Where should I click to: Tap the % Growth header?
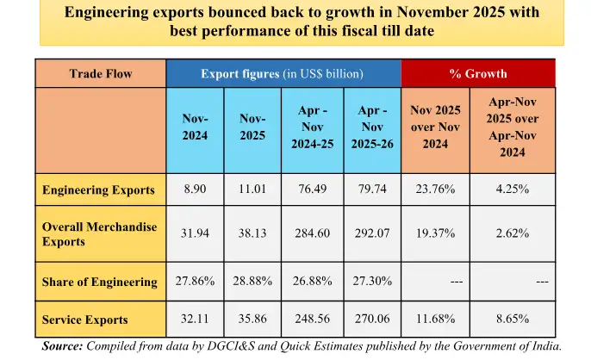pos(478,74)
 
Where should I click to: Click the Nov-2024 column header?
pos(195,127)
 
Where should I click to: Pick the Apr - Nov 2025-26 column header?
pos(372,127)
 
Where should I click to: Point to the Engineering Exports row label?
pos(98,190)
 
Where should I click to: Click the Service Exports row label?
pos(84,320)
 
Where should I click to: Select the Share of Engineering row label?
pos(99,282)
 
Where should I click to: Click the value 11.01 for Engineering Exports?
pos(253,190)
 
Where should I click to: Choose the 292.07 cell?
pos(372,233)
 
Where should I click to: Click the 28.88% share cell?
pos(253,282)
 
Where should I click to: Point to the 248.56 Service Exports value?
pos(312,320)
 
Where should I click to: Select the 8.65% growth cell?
pos(512,320)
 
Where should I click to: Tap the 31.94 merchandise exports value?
pos(195,233)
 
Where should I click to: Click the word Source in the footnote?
pos(63,346)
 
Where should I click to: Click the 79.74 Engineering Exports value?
pos(372,190)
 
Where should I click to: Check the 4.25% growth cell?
pos(512,190)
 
